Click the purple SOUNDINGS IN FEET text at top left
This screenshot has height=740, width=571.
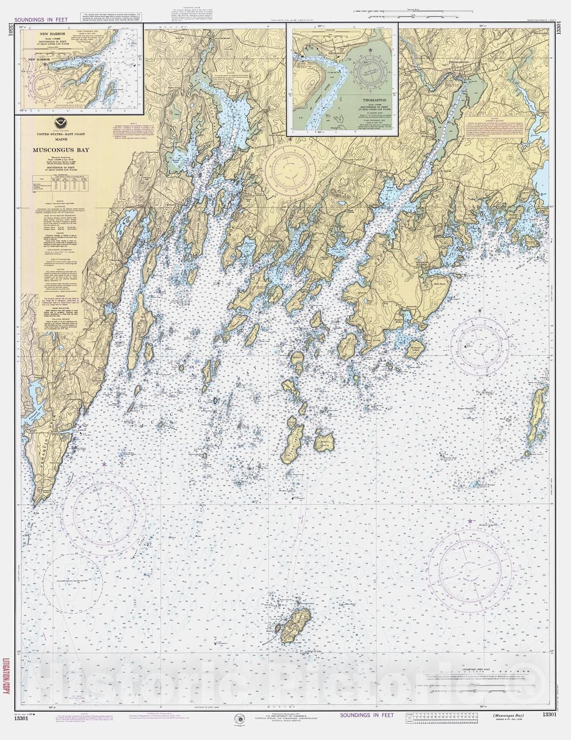coord(41,20)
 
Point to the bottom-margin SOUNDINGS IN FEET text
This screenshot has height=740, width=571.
coord(367,715)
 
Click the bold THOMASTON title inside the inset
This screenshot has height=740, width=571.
coord(372,99)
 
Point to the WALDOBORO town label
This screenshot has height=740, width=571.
coord(223,39)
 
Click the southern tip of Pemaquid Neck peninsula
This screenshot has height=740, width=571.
coord(35,504)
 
